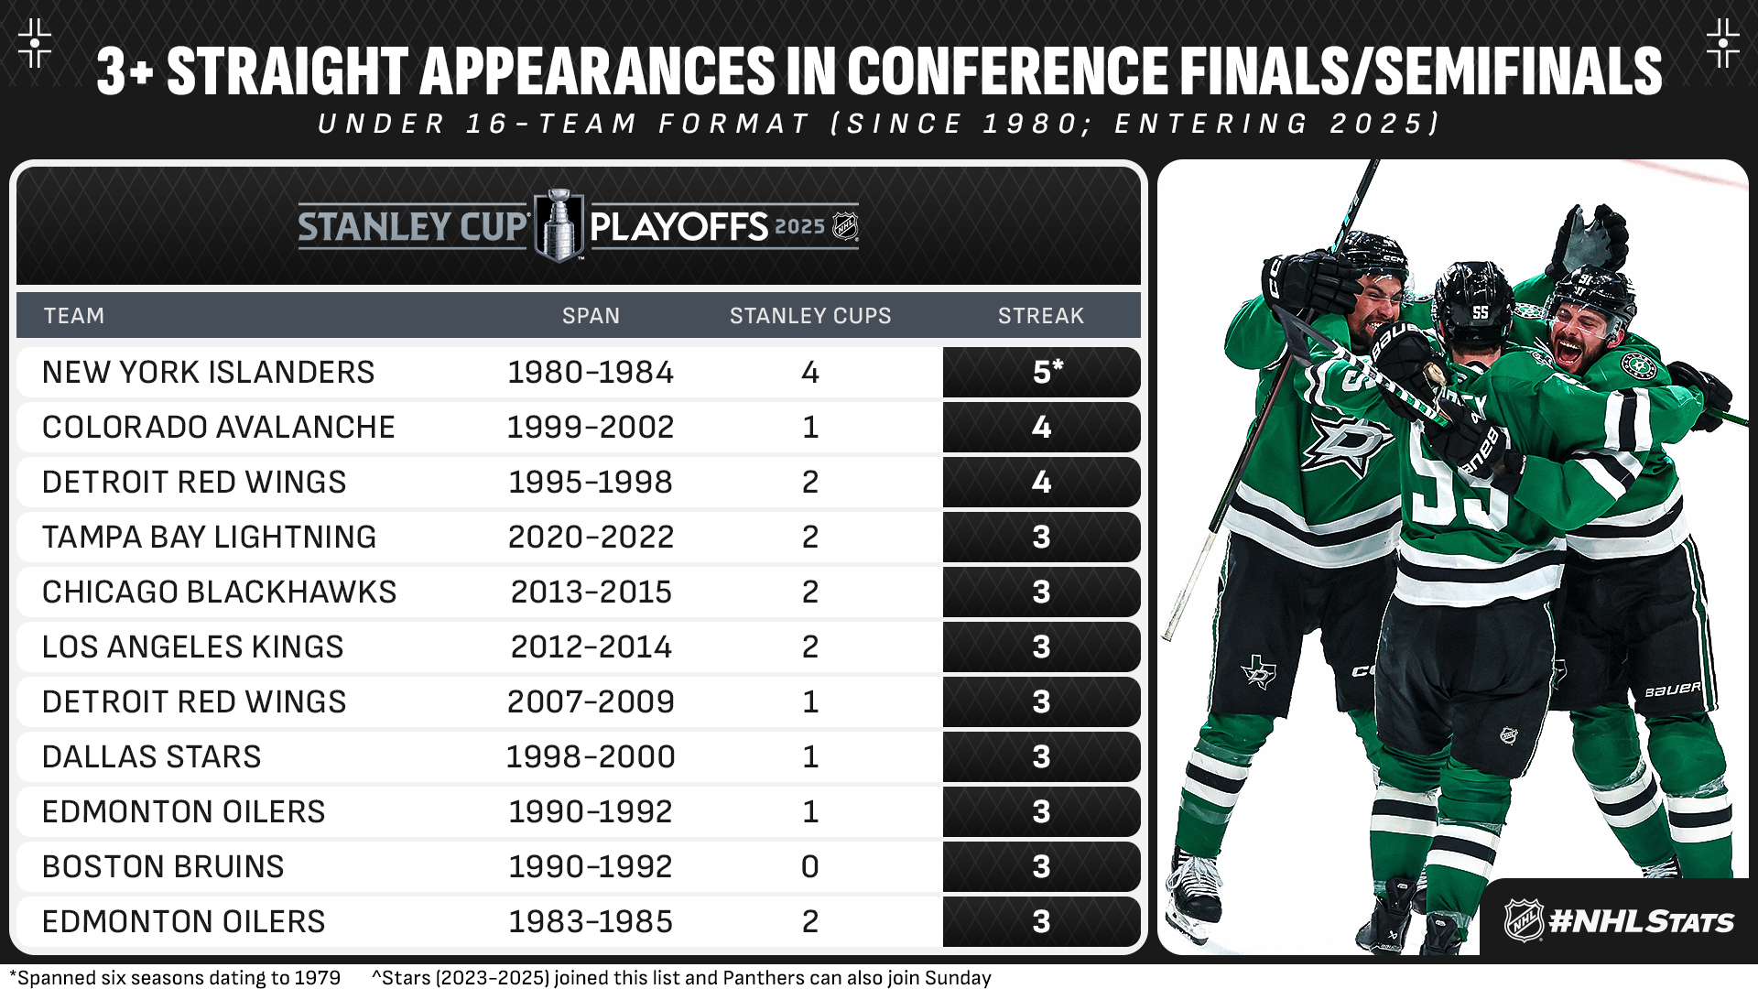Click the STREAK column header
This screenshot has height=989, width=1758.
tap(1041, 316)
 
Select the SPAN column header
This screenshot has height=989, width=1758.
tap(591, 316)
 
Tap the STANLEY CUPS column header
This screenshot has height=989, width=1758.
tap(810, 316)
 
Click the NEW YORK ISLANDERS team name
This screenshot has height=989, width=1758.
tap(209, 373)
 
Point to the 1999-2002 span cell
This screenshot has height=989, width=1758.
tap(591, 428)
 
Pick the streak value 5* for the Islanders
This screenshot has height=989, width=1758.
tap(1047, 371)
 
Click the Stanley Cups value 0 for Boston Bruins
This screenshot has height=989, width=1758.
tap(810, 867)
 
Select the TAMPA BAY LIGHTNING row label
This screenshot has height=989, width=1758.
tap(210, 538)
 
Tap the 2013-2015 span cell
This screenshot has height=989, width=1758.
tap(591, 592)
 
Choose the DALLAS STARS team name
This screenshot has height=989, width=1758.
tap(152, 757)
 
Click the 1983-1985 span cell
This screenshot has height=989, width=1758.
tap(591, 922)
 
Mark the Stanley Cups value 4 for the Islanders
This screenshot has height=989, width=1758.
tap(810, 373)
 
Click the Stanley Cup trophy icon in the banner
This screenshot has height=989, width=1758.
tap(559, 225)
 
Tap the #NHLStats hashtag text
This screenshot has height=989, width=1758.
tap(1641, 921)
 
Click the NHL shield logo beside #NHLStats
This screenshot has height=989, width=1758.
tap(1524, 920)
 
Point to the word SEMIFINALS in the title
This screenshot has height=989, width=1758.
tap(1518, 71)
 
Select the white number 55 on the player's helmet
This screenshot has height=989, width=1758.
tap(1481, 312)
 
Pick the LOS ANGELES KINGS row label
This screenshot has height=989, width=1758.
tap(193, 647)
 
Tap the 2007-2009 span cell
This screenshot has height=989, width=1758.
tap(591, 702)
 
